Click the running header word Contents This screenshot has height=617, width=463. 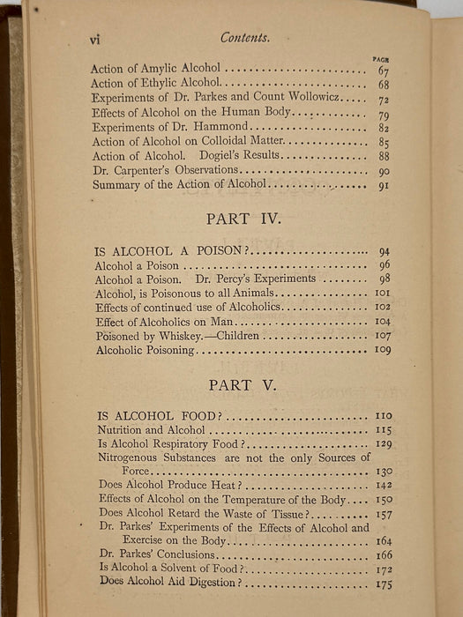click(x=245, y=38)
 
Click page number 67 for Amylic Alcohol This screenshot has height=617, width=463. click(x=384, y=71)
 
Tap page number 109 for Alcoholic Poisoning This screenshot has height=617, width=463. click(x=382, y=351)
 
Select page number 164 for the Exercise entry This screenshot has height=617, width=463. click(x=382, y=542)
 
